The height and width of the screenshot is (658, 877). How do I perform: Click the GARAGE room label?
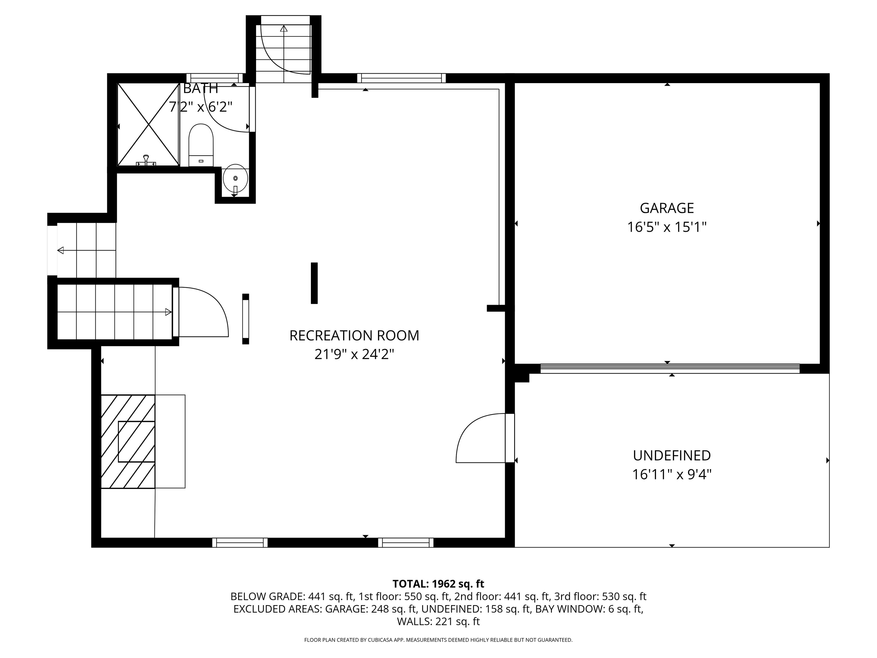pyautogui.click(x=667, y=208)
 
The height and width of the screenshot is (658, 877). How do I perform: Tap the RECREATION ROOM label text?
pyautogui.click(x=354, y=336)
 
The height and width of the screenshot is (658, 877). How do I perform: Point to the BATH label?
pyautogui.click(x=201, y=88)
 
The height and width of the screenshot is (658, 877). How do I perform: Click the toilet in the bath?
pyautogui.click(x=201, y=145)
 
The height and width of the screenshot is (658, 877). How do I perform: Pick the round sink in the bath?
pyautogui.click(x=235, y=178)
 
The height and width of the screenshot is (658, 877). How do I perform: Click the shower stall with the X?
pyautogui.click(x=148, y=124)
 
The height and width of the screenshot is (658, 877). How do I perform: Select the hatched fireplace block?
pyautogui.click(x=128, y=442)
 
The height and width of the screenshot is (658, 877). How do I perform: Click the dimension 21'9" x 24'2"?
pyautogui.click(x=354, y=354)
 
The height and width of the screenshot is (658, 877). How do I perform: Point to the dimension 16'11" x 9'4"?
pyautogui.click(x=672, y=474)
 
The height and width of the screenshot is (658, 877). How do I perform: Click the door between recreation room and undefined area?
pyautogui.click(x=510, y=438)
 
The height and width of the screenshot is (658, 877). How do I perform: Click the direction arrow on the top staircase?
pyautogui.click(x=283, y=29)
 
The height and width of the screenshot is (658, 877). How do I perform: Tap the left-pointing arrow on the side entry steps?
pyautogui.click(x=61, y=250)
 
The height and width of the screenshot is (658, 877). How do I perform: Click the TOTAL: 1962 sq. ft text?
pyautogui.click(x=438, y=584)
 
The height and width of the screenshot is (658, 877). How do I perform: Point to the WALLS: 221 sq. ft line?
pyautogui.click(x=438, y=621)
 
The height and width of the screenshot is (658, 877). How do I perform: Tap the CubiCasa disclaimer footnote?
pyautogui.click(x=438, y=640)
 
